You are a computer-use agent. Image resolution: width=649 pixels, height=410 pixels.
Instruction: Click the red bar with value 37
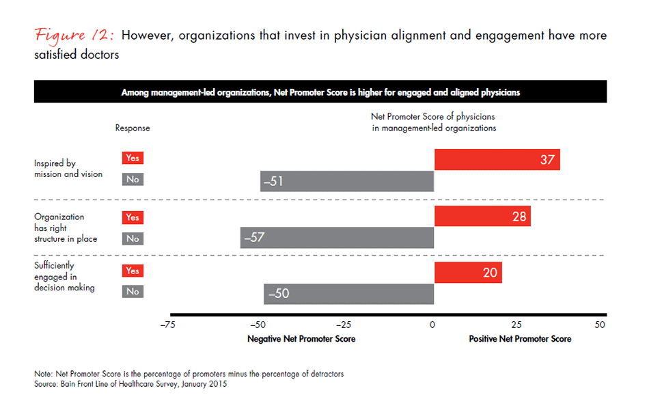click(497, 160)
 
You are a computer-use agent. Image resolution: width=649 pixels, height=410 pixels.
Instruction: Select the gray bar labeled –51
click(347, 181)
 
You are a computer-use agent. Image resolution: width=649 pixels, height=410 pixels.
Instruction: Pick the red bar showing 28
click(482, 217)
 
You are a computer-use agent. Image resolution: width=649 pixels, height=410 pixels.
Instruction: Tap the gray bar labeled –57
click(337, 238)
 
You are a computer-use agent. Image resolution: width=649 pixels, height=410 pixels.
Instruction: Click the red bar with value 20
click(468, 272)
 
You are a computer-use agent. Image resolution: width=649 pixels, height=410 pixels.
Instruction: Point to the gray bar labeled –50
click(348, 294)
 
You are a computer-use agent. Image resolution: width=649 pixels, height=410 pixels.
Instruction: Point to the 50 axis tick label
click(600, 325)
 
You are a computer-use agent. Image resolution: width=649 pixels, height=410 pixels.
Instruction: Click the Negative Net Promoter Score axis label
click(301, 339)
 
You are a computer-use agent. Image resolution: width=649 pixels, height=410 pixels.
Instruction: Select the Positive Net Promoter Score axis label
click(520, 339)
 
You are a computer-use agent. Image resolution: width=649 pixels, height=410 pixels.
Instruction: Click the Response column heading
click(133, 128)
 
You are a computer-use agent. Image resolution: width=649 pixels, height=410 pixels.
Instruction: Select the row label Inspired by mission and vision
click(68, 169)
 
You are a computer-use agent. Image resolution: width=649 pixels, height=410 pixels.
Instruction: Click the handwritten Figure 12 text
click(76, 36)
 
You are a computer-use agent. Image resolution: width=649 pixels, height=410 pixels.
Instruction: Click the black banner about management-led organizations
click(320, 92)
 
